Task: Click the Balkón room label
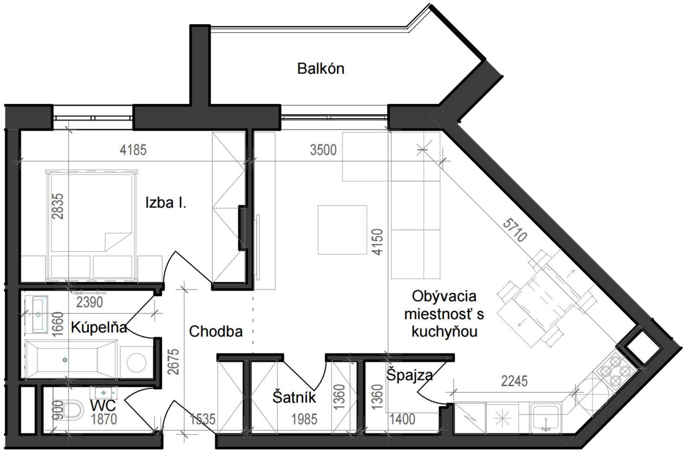click(x=321, y=69)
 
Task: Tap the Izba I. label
click(x=166, y=203)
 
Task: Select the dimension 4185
click(x=133, y=150)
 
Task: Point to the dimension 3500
click(x=323, y=150)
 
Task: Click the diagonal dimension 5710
click(x=515, y=230)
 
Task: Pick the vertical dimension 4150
click(x=377, y=242)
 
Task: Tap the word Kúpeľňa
click(x=99, y=328)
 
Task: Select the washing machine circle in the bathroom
click(x=136, y=362)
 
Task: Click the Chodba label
click(x=216, y=332)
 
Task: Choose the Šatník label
click(x=294, y=398)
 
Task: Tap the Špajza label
click(x=409, y=375)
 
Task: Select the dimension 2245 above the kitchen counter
click(x=514, y=381)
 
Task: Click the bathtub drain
click(x=65, y=360)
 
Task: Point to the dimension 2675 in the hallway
click(x=173, y=362)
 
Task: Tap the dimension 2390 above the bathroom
click(x=89, y=302)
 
